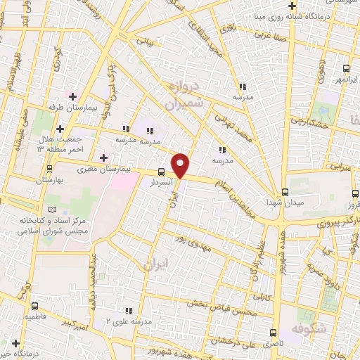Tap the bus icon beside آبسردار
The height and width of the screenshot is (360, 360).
tap(161, 172)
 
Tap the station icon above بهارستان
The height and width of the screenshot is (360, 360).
tap(49, 169)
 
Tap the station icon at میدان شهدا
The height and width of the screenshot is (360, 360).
tap(285, 191)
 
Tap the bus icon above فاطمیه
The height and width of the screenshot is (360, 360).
tap(34, 306)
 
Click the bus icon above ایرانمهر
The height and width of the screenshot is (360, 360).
tap(345, 68)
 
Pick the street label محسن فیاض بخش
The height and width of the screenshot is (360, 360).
tap(218, 304)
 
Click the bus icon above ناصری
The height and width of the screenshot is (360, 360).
tap(274, 333)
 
